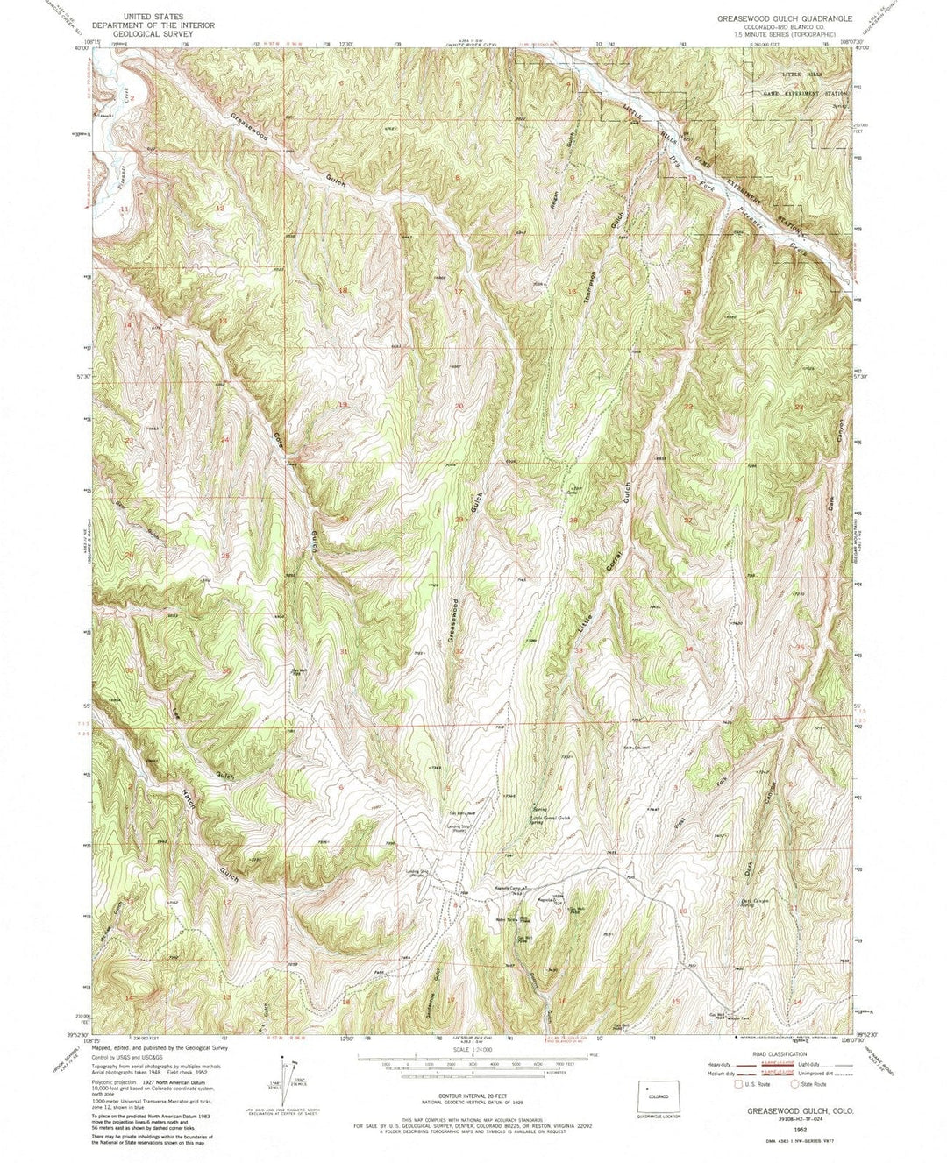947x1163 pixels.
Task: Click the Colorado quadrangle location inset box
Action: coord(659,1097)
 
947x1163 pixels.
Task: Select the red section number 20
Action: coord(459,407)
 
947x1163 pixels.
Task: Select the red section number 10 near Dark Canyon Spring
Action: coord(683,911)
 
